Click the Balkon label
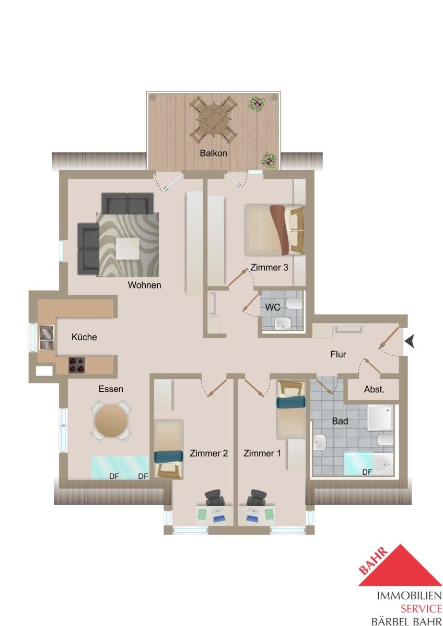point(213,153)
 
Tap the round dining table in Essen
point(111,420)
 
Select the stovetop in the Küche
point(77,365)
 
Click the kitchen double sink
point(46,338)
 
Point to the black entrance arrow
point(410,342)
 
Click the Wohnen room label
point(144,285)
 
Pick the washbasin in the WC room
point(284,324)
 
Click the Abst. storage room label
point(374,390)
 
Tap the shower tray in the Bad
point(380,418)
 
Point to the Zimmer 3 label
point(269,268)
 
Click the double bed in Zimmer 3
point(274,230)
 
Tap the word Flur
point(338,354)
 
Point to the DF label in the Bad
point(367,472)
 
